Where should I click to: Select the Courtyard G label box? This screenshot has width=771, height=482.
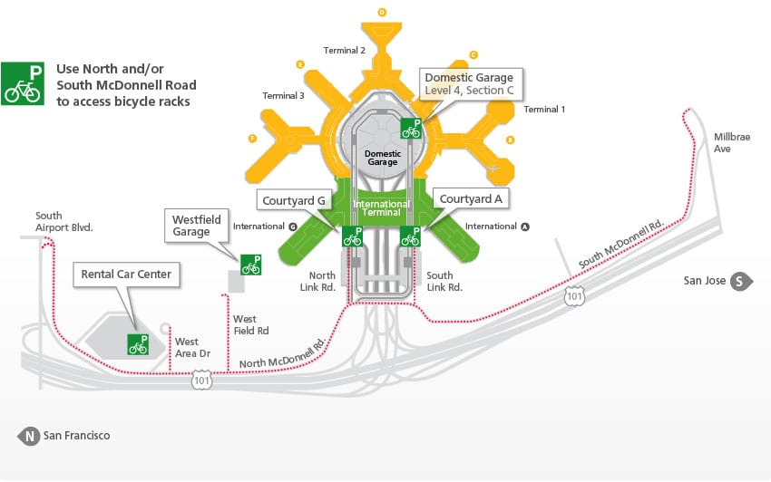(293, 198)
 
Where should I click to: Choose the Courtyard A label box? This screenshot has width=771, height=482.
(471, 198)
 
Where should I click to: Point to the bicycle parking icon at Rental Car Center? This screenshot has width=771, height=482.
(138, 344)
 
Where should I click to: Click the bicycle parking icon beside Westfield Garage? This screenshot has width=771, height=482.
(250, 265)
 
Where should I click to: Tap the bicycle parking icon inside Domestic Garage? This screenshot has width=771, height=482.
(411, 128)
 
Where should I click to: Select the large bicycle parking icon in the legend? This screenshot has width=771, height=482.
(22, 83)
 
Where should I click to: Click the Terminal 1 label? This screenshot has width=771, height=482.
(544, 109)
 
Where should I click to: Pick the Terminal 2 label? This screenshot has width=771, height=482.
(344, 51)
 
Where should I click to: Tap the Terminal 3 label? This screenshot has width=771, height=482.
(283, 95)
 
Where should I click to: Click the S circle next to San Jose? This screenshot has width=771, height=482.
(739, 281)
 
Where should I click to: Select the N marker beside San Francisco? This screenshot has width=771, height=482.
(30, 436)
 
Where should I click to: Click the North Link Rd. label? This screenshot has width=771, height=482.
(322, 281)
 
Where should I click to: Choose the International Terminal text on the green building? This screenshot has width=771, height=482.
(381, 209)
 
